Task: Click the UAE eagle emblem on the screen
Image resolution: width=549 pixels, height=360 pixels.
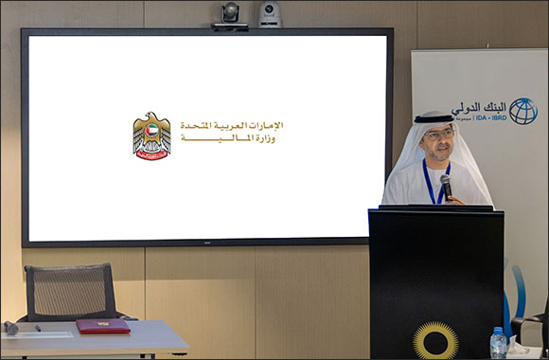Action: (151, 135)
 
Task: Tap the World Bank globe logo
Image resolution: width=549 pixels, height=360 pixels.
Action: (522, 111)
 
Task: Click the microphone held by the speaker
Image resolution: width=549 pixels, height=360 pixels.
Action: (446, 186)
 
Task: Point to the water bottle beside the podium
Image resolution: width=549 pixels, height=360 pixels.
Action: (498, 343)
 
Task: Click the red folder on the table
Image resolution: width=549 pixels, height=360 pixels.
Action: (102, 326)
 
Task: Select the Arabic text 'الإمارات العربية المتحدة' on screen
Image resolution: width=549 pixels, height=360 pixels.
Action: (231, 125)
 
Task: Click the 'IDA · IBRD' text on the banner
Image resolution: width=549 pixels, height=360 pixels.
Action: (478, 120)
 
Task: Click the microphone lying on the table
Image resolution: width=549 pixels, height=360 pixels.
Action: (11, 327)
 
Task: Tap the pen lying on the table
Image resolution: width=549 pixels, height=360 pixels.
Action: (37, 328)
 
